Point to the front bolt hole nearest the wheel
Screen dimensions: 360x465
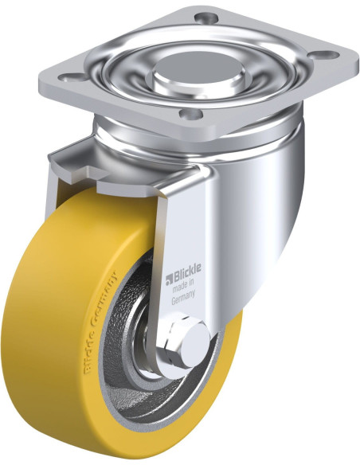click(x=190, y=113)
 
